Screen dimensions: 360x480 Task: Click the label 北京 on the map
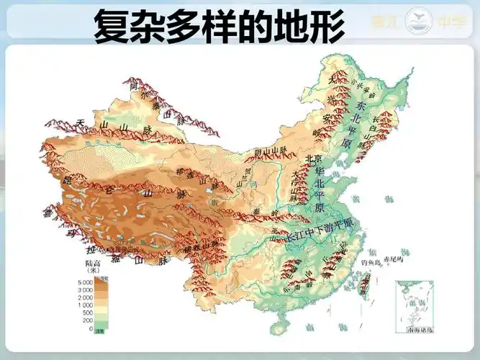point(312,160)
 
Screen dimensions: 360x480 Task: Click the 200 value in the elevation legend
point(87,320)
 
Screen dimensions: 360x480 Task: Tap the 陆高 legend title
point(94,264)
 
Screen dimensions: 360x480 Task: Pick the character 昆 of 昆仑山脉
point(49,177)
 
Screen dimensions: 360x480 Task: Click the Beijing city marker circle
point(314,168)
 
